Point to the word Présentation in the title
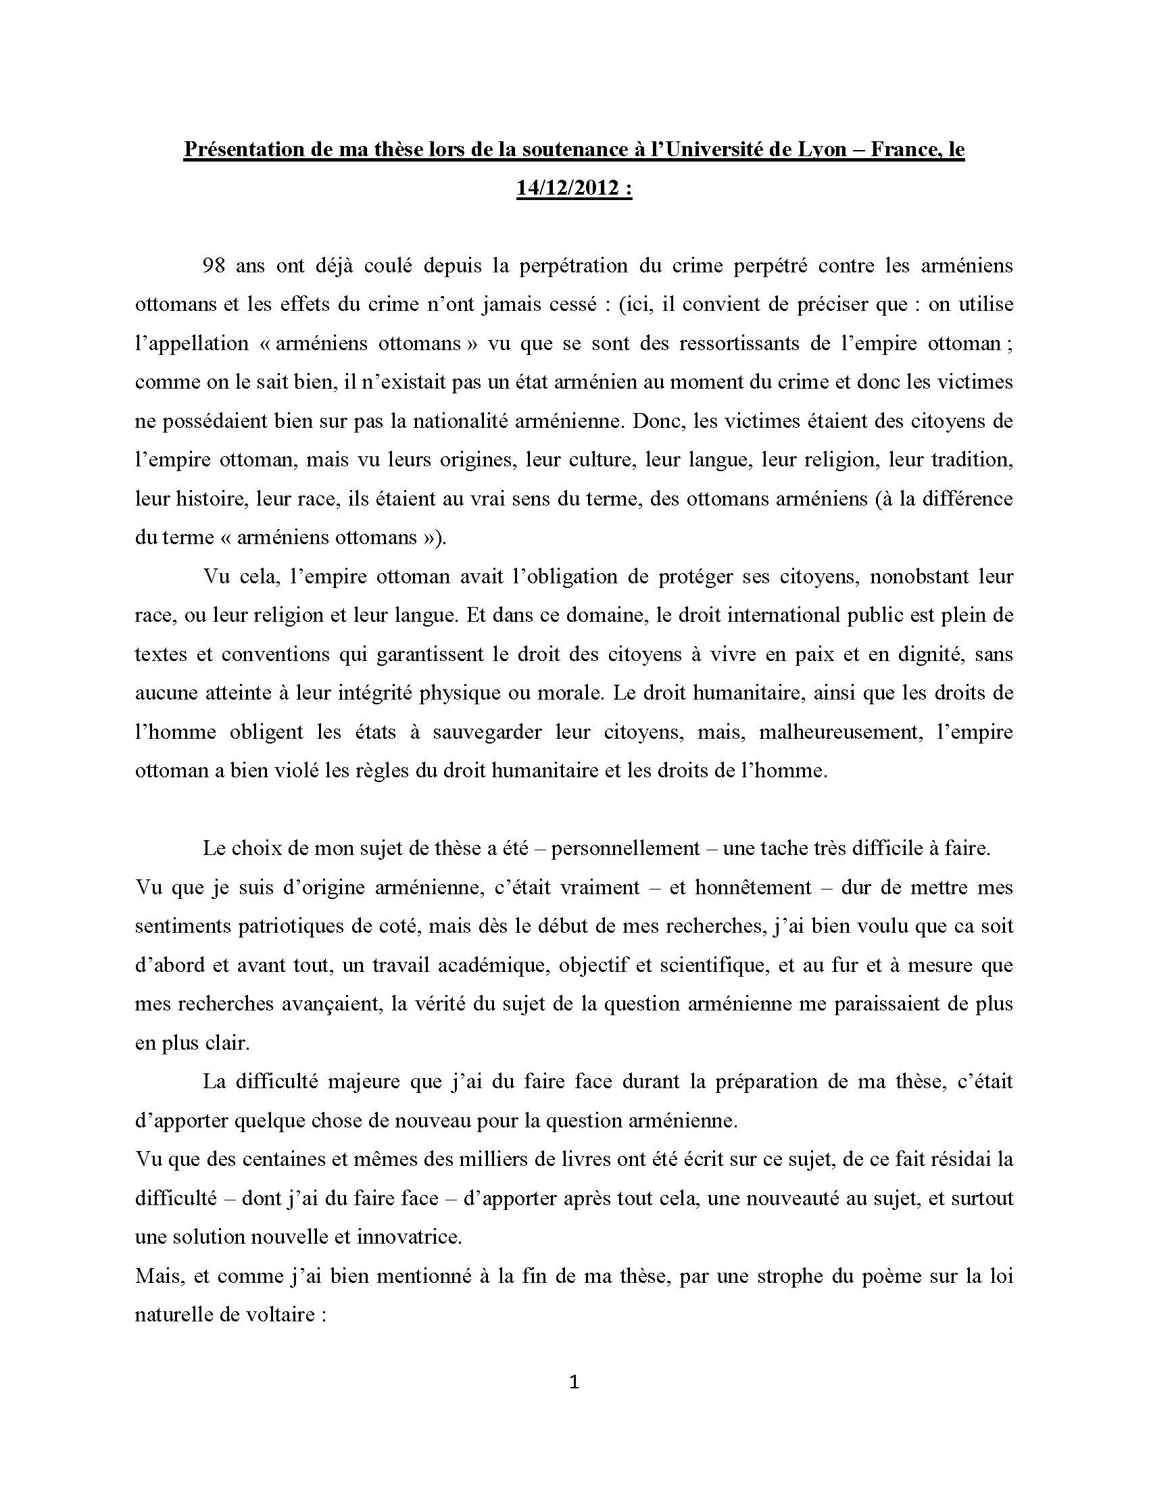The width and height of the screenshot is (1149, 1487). (x=243, y=149)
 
